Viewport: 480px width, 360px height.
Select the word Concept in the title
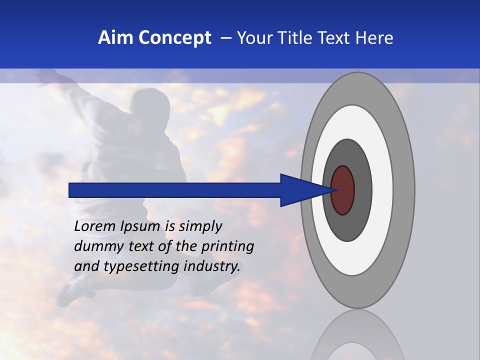(174, 38)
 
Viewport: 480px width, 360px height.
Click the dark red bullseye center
(343, 190)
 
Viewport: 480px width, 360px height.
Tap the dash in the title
(226, 38)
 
